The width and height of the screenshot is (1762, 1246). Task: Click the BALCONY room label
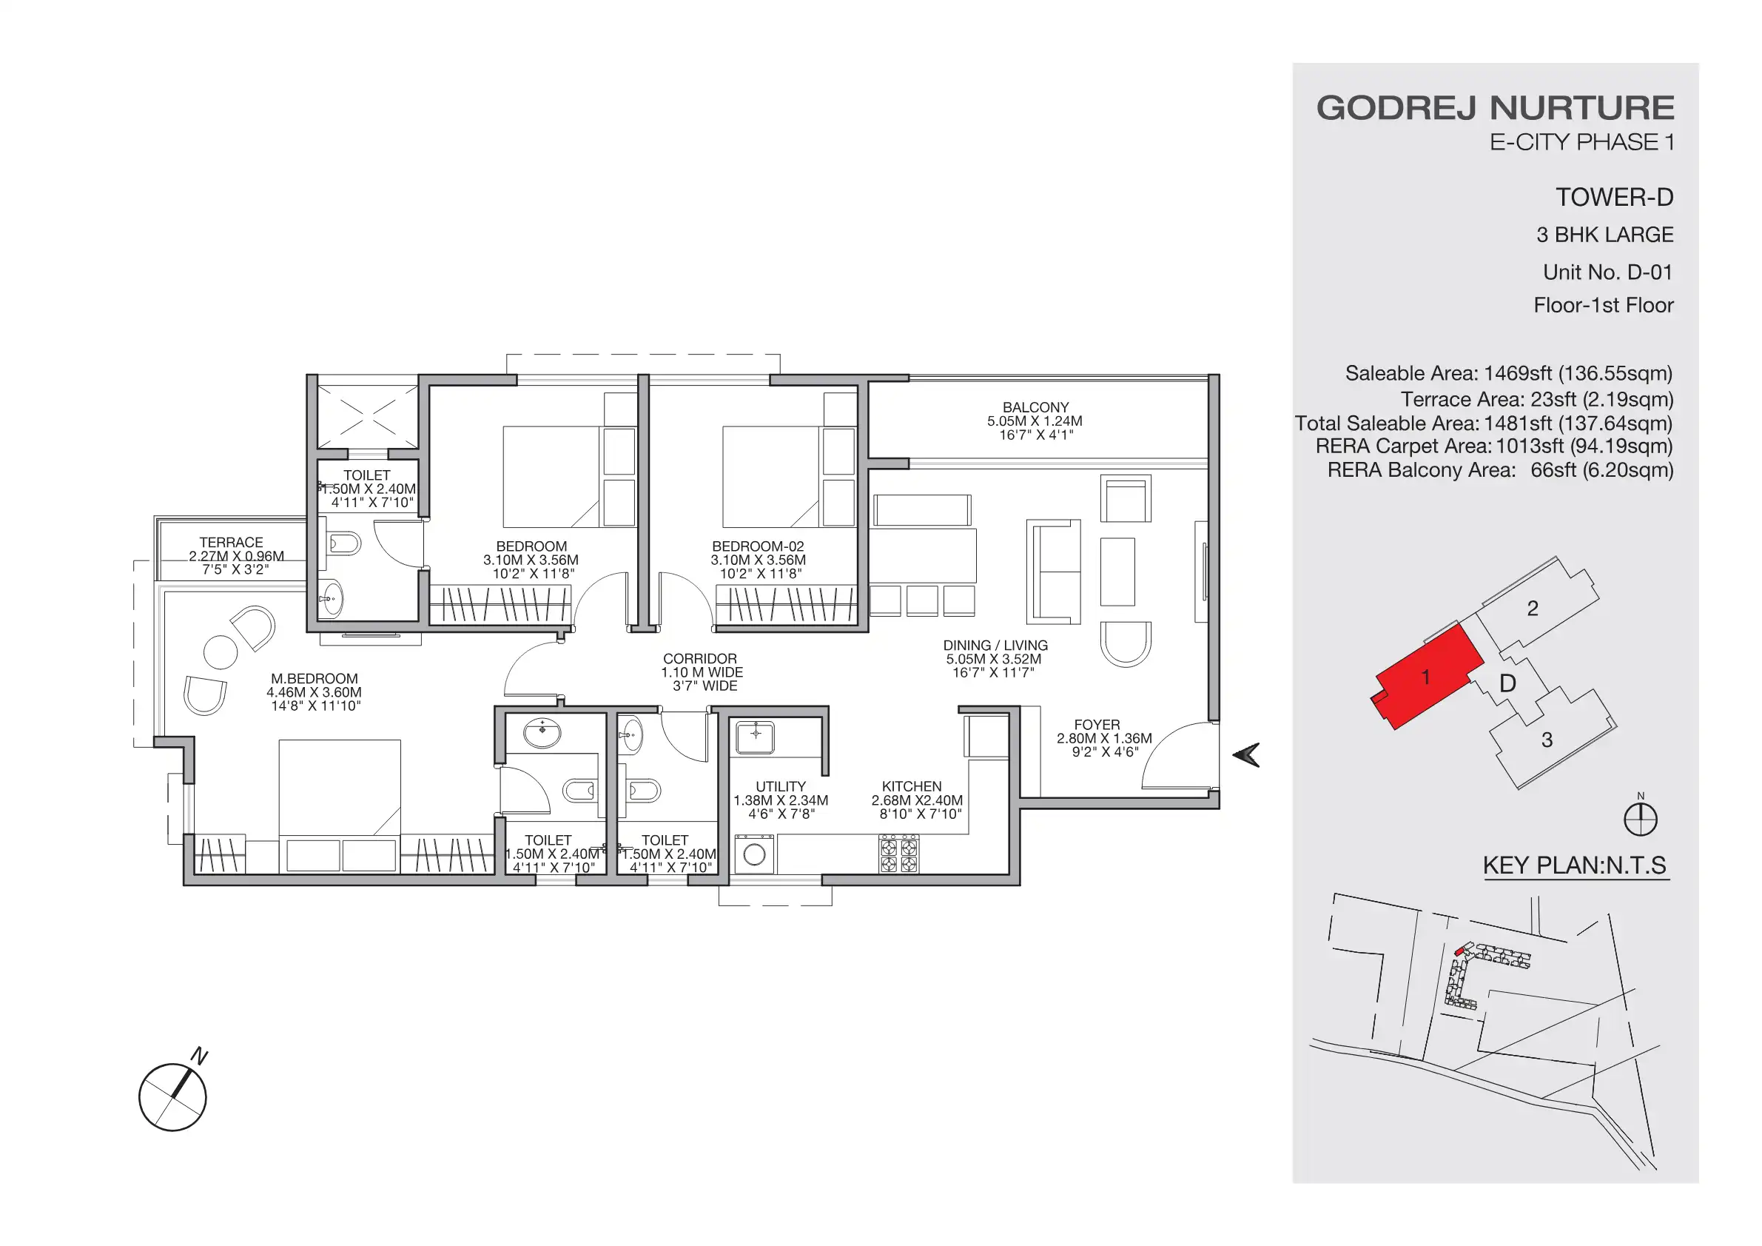1035,408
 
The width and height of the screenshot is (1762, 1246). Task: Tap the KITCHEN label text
911,786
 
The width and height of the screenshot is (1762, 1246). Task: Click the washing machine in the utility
754,854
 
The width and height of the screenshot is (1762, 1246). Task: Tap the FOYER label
1097,725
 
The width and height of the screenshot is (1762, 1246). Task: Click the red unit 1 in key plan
1425,677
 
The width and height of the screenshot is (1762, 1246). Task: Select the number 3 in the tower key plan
1547,740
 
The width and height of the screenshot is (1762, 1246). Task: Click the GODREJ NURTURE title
1495,107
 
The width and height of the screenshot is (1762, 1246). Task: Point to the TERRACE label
231,543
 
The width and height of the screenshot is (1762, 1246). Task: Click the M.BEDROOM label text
314,679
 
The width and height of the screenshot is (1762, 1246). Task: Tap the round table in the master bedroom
221,652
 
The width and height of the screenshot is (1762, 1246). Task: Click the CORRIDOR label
699,659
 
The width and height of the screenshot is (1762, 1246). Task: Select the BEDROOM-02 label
758,546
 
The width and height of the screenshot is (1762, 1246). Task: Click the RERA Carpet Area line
1493,446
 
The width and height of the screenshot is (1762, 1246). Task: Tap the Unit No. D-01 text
1607,272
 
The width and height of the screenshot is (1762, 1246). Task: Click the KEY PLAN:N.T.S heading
1574,865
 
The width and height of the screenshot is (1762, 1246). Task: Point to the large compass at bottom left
172,1097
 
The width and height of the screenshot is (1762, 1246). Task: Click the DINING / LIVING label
995,646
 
